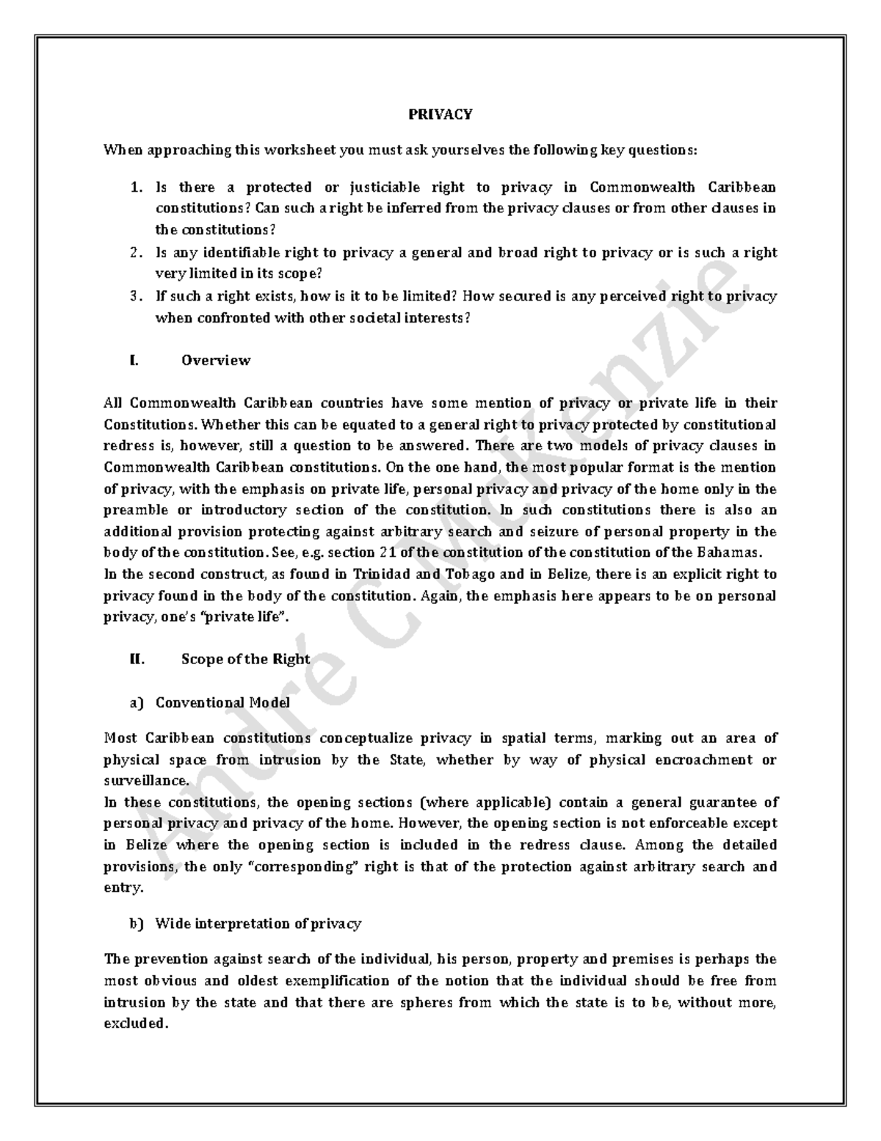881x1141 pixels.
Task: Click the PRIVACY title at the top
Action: point(440,114)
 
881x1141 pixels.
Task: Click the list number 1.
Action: point(136,187)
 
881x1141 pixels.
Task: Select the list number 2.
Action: point(136,253)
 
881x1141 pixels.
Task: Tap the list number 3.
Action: point(136,296)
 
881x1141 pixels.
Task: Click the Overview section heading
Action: point(216,360)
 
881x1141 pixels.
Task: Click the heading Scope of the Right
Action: point(245,659)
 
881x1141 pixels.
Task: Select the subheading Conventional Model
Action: point(222,702)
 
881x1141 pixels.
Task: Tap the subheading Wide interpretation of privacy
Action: point(258,924)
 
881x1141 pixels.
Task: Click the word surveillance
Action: point(146,781)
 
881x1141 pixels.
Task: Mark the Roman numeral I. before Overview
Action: point(133,360)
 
